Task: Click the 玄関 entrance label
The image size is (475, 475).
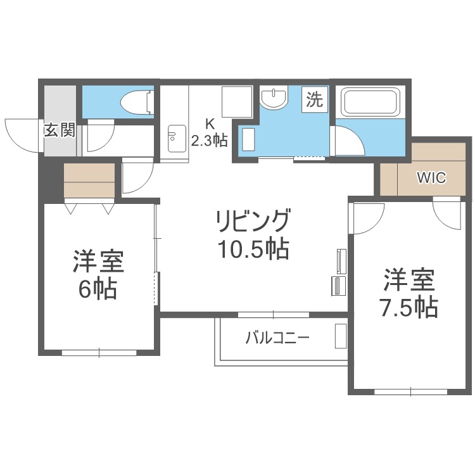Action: coord(60,130)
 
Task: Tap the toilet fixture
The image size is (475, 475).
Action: coord(137,102)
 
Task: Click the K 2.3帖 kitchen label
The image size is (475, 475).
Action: coord(210,132)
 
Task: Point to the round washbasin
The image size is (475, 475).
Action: coord(274,98)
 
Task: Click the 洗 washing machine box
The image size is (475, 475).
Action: coord(314,99)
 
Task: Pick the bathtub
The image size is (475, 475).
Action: coord(371,102)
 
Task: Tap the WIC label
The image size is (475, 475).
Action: coord(431,178)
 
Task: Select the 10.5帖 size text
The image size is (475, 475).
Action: coord(253,250)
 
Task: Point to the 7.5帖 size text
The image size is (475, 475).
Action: coord(409,307)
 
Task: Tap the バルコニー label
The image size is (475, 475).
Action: coord(277,338)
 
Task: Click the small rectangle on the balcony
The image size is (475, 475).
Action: coord(341,336)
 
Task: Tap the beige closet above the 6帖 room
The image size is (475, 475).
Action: coord(89,180)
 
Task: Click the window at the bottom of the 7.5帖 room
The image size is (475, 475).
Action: coord(411,391)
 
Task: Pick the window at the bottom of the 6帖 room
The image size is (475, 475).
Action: coord(99,353)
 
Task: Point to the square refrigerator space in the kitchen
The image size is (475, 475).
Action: coord(237,102)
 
